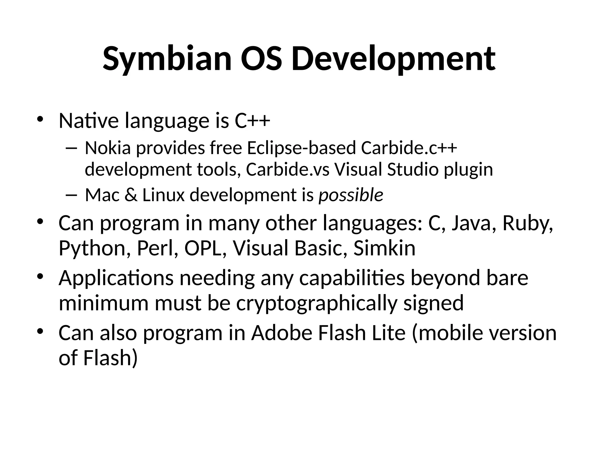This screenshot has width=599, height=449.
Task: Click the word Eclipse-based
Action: (301, 148)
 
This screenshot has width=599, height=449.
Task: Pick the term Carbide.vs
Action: (288, 170)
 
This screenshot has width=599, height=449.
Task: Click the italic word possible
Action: (351, 195)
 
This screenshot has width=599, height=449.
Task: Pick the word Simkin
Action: (384, 248)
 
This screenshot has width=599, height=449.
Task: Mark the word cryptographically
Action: (317, 303)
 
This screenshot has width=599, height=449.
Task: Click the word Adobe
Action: (282, 333)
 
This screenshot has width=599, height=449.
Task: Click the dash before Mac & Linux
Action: (71, 195)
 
